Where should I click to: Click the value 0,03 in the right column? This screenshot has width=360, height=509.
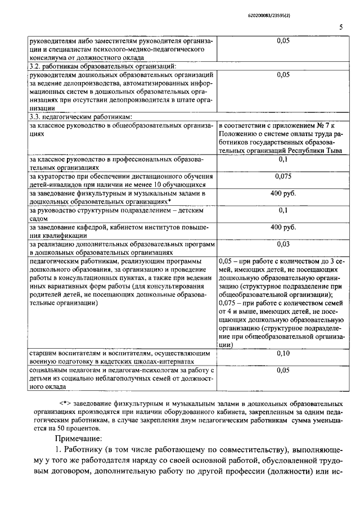(x=283, y=244)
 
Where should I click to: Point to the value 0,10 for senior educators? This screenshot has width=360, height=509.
(x=283, y=353)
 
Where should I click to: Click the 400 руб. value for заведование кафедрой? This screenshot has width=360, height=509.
(x=283, y=227)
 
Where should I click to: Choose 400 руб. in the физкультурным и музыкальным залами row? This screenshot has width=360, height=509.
(x=283, y=193)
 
